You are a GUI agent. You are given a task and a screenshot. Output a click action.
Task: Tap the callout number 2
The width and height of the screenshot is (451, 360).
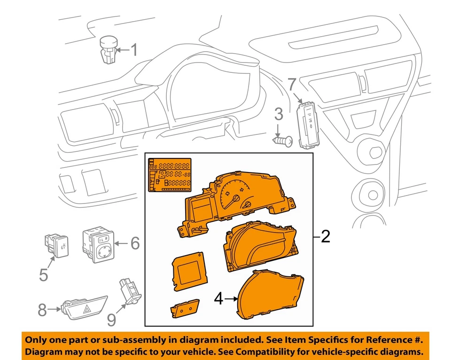325,236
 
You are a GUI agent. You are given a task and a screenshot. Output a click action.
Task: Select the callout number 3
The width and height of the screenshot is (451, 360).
278,114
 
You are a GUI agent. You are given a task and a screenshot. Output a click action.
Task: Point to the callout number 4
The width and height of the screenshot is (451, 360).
218,299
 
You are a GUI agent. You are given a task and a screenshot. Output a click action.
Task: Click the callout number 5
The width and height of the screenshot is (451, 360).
43,274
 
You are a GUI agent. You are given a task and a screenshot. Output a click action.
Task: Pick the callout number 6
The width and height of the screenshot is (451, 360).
135,243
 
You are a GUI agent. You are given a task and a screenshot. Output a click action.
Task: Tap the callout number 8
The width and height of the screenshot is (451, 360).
42,310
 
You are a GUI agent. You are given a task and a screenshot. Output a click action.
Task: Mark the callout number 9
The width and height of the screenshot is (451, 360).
111,320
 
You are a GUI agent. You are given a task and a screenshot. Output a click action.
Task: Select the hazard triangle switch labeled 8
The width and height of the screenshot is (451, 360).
84,308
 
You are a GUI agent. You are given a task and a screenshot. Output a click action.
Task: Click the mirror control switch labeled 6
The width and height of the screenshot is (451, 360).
98,244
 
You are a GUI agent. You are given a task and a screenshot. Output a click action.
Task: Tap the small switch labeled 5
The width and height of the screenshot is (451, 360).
57,245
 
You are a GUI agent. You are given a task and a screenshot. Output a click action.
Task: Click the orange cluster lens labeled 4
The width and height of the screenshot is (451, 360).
270,295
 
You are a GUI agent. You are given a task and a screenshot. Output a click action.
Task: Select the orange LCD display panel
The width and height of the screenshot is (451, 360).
170,175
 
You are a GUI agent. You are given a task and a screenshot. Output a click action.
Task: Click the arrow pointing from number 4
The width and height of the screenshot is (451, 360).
230,299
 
